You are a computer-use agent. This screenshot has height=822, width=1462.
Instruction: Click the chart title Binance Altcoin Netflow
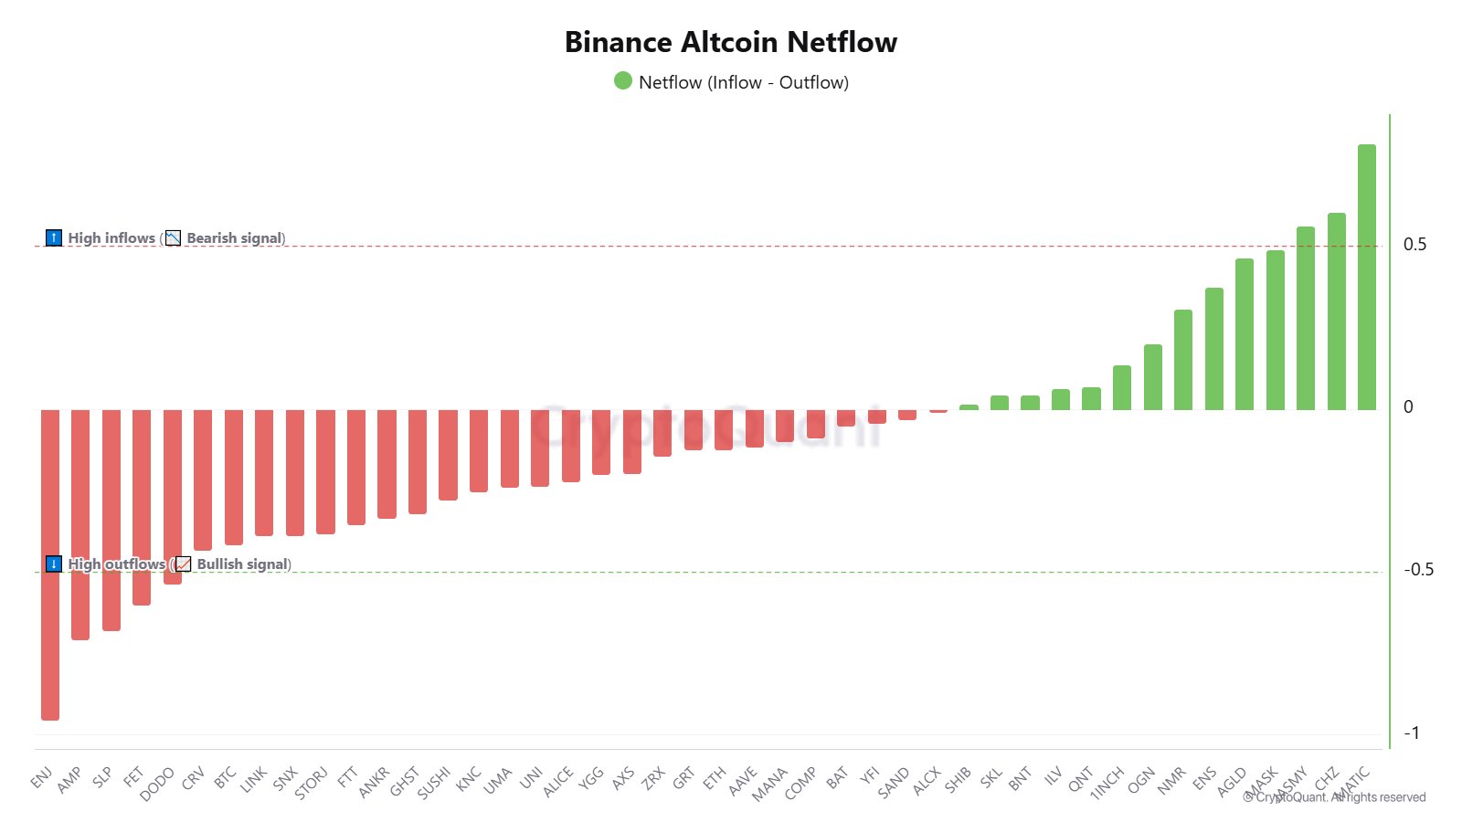(x=731, y=42)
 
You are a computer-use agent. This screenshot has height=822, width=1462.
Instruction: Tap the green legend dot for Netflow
(x=623, y=81)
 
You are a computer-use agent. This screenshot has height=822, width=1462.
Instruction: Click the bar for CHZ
(x=1337, y=311)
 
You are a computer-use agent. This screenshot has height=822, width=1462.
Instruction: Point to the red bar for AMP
(x=80, y=524)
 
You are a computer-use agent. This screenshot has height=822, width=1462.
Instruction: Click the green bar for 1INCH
(x=1122, y=387)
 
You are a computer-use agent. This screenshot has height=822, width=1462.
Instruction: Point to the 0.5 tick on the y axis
(x=1414, y=245)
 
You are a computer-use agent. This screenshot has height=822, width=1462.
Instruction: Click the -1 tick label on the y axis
(x=1412, y=733)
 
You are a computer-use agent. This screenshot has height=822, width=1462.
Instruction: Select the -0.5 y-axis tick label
(x=1418, y=570)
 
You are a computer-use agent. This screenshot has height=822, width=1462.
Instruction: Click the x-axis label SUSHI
(x=434, y=783)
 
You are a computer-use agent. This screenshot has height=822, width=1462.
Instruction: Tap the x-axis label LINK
(x=253, y=779)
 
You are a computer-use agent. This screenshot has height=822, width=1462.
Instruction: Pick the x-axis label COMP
(x=800, y=783)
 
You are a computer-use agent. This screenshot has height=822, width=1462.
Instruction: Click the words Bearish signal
(x=235, y=238)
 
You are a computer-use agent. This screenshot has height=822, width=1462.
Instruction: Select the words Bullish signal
(x=242, y=564)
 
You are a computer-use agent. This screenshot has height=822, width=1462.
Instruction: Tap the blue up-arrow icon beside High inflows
(x=54, y=238)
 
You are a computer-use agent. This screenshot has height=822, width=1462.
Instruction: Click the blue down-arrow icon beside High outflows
(x=54, y=564)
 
